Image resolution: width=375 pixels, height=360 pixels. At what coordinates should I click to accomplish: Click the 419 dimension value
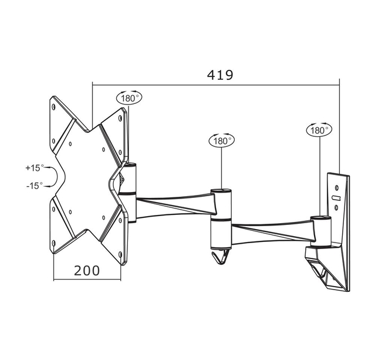[220, 75]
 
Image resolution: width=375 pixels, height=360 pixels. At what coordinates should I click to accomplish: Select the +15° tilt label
[34, 167]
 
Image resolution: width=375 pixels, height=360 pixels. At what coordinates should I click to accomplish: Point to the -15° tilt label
[34, 185]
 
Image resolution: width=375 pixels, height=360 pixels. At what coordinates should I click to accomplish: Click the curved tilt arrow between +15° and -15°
[54, 176]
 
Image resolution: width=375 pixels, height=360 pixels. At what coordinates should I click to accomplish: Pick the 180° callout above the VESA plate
[129, 98]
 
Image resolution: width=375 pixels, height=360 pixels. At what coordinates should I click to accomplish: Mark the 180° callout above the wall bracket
[319, 130]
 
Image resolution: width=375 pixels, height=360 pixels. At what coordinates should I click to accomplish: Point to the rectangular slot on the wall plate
[336, 198]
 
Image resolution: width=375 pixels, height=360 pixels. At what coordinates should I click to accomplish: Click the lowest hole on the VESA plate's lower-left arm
[54, 244]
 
